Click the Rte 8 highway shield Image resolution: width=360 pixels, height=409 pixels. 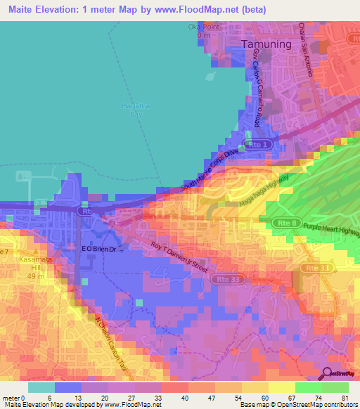click(283, 222)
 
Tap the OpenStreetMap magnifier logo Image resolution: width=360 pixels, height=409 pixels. click(328, 375)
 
